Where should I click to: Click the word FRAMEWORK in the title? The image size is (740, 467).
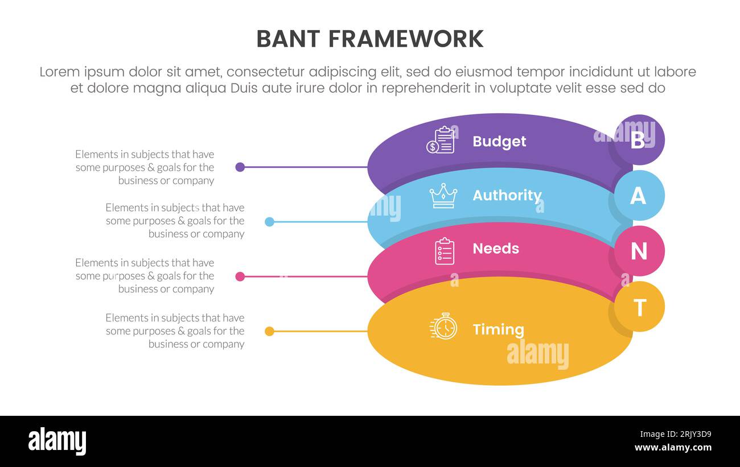point(406,39)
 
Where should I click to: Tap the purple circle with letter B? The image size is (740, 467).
point(639,140)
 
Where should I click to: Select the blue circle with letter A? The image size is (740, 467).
point(639,195)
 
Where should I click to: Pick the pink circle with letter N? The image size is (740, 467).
point(639,251)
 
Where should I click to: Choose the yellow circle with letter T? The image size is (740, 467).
point(639,307)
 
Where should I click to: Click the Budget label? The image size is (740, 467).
point(499,142)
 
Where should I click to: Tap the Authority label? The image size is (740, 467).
point(507,196)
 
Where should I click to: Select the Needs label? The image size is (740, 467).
point(495,249)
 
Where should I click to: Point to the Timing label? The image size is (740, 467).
point(498,329)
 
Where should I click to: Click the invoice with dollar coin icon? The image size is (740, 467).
point(441,140)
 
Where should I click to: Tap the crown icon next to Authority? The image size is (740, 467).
point(443,196)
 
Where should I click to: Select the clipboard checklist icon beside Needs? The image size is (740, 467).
point(445,251)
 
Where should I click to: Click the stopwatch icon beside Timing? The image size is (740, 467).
point(444,327)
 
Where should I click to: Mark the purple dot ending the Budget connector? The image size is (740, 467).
point(240,167)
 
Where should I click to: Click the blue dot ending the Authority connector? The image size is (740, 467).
point(270,222)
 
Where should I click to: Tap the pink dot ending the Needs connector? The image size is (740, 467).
point(240,276)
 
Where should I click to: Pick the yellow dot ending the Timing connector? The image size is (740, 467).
point(270,331)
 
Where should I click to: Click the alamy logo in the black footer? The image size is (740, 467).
point(57,441)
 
